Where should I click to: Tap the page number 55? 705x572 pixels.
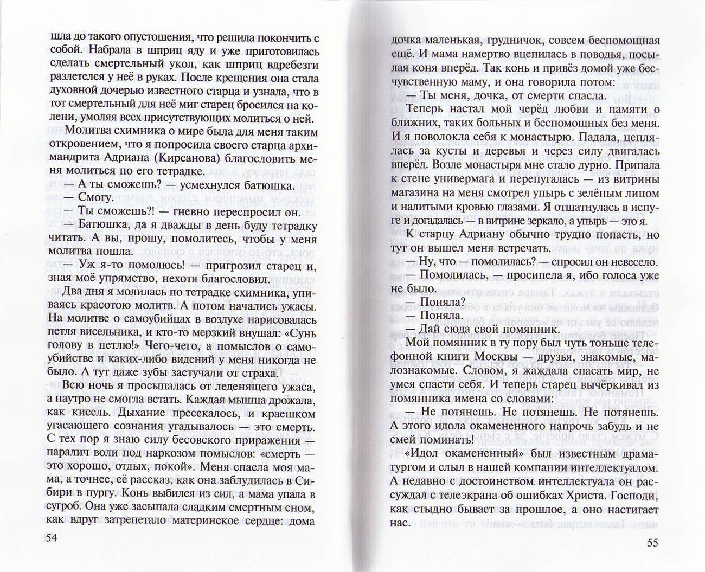click(651, 542)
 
